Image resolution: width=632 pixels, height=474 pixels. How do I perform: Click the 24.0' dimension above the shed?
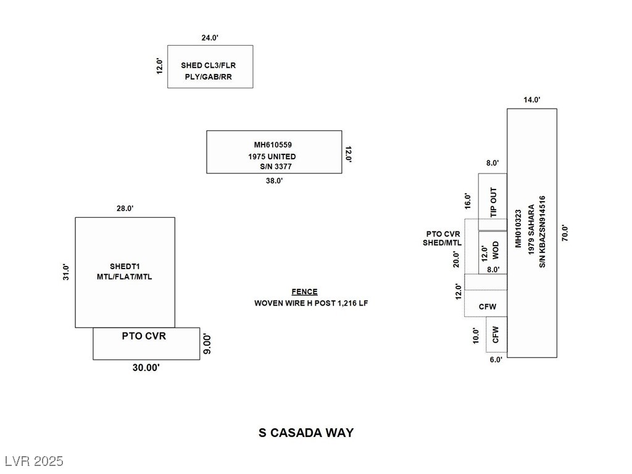(210, 38)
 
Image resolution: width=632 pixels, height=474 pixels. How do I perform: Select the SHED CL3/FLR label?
(209, 65)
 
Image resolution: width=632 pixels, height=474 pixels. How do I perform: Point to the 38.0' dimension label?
(274, 181)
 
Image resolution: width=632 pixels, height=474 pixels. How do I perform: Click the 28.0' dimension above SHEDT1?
(125, 209)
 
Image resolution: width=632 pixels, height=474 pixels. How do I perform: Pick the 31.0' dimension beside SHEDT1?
(66, 272)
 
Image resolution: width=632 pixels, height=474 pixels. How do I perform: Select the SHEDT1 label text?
(124, 267)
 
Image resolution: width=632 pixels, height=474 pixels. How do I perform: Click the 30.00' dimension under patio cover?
(146, 368)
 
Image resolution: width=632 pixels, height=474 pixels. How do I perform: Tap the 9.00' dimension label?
(208, 344)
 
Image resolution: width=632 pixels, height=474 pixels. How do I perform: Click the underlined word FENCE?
(305, 292)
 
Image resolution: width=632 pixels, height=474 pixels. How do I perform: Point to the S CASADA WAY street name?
(306, 433)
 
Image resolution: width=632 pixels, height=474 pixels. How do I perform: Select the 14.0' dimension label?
(531, 100)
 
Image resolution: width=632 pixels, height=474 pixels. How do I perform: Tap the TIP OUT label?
(494, 201)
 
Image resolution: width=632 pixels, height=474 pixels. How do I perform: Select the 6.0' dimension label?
(496, 359)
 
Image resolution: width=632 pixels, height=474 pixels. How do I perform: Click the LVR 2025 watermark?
(33, 461)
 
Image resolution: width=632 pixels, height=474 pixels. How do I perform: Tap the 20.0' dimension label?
(456, 258)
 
